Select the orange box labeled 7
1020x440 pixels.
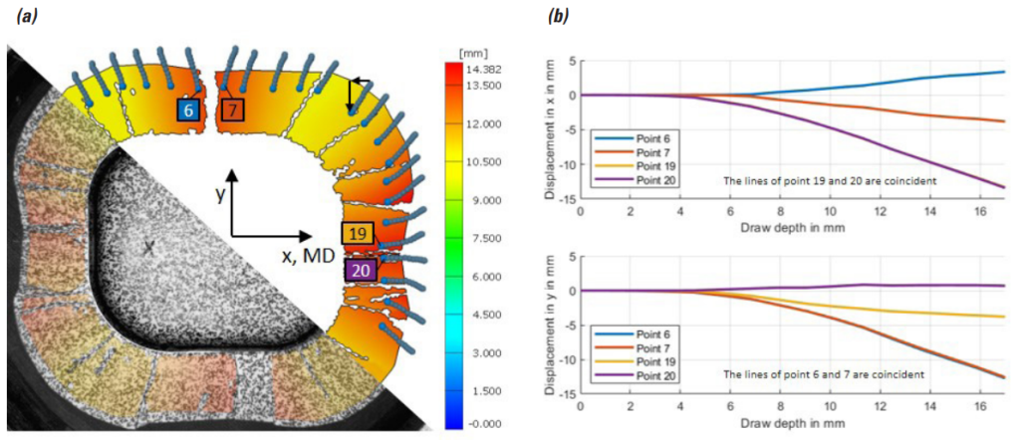tap(232, 110)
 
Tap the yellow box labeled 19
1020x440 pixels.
tap(358, 234)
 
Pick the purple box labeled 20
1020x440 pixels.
tap(361, 269)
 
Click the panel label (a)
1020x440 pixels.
tap(22, 14)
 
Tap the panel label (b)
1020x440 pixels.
tap(561, 14)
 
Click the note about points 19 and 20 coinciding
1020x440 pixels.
tap(836, 181)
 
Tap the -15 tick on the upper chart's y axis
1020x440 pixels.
tap(567, 199)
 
